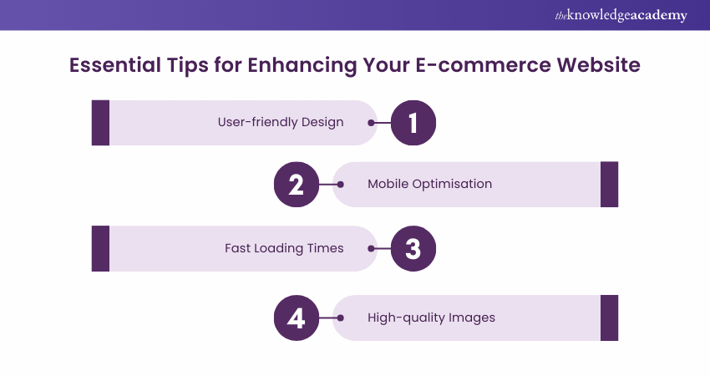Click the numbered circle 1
412,123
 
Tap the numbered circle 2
297,185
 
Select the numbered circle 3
412,248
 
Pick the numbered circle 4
297,318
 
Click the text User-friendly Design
281,122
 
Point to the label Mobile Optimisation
429,184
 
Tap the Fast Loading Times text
284,248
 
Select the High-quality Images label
431,318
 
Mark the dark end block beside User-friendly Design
100,123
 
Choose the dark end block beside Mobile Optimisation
609,185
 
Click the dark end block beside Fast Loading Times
100,248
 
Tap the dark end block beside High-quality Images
609,318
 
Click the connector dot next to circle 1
371,123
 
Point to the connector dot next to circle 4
339,318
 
